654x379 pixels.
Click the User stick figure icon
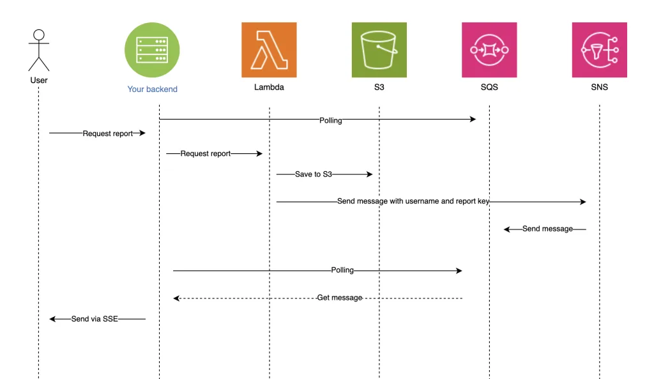[x=39, y=50]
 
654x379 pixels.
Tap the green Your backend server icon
[x=152, y=50]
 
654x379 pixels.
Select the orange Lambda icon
[x=269, y=50]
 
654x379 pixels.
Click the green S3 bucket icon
[x=379, y=50]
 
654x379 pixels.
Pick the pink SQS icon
[x=489, y=50]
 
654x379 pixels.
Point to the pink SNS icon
[x=599, y=50]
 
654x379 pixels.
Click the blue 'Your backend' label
[x=152, y=89]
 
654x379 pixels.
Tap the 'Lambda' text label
[x=269, y=87]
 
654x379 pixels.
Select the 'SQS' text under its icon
[x=489, y=87]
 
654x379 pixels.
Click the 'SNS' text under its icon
[x=599, y=87]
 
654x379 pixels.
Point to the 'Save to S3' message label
[x=313, y=174]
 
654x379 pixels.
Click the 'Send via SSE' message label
[x=95, y=319]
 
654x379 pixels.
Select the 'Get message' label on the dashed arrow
[x=340, y=298]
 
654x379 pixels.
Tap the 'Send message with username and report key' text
[x=413, y=201]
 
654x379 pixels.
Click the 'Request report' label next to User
[x=107, y=134]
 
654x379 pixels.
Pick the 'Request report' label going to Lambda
[x=205, y=153]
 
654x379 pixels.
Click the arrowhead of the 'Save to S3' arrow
[x=370, y=174]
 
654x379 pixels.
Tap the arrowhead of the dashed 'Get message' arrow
[x=176, y=298]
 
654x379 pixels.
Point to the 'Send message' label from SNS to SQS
[x=547, y=229]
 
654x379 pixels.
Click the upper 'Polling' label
[x=330, y=120]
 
